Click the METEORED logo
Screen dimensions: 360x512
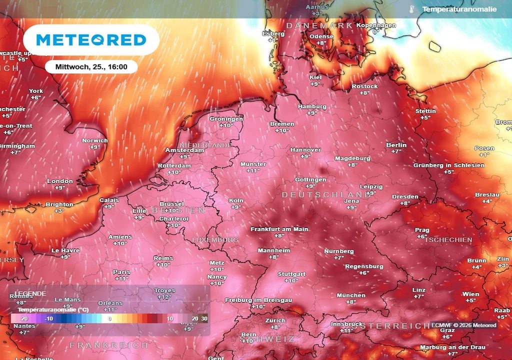[x=91, y=39]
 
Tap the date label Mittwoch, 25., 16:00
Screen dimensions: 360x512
[x=87, y=66]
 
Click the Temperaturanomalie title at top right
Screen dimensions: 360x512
[x=459, y=9]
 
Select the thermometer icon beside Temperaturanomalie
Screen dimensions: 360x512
[x=411, y=9]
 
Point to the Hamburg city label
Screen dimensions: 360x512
[x=312, y=106]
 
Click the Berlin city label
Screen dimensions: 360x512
[x=396, y=145]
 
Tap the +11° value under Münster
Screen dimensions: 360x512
[x=253, y=170]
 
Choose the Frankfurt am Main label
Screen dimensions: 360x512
[x=279, y=229]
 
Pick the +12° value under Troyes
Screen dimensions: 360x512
[x=164, y=297]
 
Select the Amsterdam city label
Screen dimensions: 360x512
[x=184, y=150]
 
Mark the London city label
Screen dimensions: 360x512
[x=60, y=181]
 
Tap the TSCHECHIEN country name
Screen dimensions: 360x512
[x=448, y=240]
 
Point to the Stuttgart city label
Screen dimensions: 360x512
[x=291, y=274]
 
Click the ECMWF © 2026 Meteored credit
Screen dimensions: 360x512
[x=463, y=325]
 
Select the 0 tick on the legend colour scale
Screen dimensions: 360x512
[x=110, y=318]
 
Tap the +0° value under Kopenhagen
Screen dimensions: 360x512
[x=376, y=31]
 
